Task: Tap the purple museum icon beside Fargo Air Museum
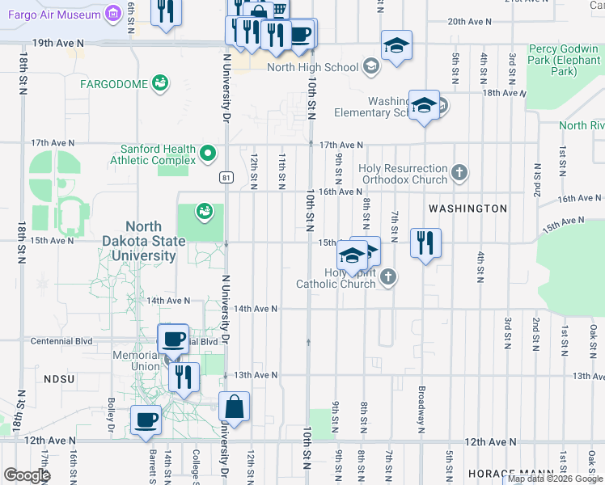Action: point(113,15)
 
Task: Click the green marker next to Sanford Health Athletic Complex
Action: point(209,152)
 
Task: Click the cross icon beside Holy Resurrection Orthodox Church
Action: point(459,172)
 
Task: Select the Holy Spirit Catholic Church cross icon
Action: point(388,277)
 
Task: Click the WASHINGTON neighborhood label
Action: point(467,209)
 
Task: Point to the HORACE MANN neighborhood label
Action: point(508,473)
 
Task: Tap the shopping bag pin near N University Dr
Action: point(234,407)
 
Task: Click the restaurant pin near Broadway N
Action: point(425,242)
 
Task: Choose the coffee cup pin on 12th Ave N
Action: point(146,420)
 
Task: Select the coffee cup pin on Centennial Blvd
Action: point(172,338)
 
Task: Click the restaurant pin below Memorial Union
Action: point(184,377)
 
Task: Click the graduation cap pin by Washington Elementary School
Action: point(424,105)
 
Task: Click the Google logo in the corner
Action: point(27,475)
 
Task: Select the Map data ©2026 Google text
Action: point(555,479)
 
